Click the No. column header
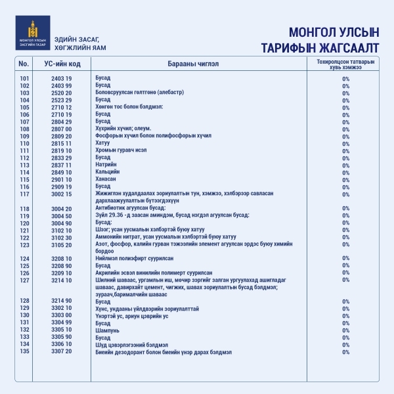pyautogui.click(x=24, y=64)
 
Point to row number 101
pyautogui.click(x=25, y=78)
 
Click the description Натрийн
pyautogui.click(x=106, y=165)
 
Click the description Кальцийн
pyautogui.click(x=108, y=172)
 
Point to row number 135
pyautogui.click(x=25, y=351)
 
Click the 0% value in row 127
pyautogui.click(x=345, y=280)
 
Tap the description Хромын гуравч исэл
pyautogui.click(x=121, y=150)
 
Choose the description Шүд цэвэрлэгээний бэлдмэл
pyautogui.click(x=132, y=344)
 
